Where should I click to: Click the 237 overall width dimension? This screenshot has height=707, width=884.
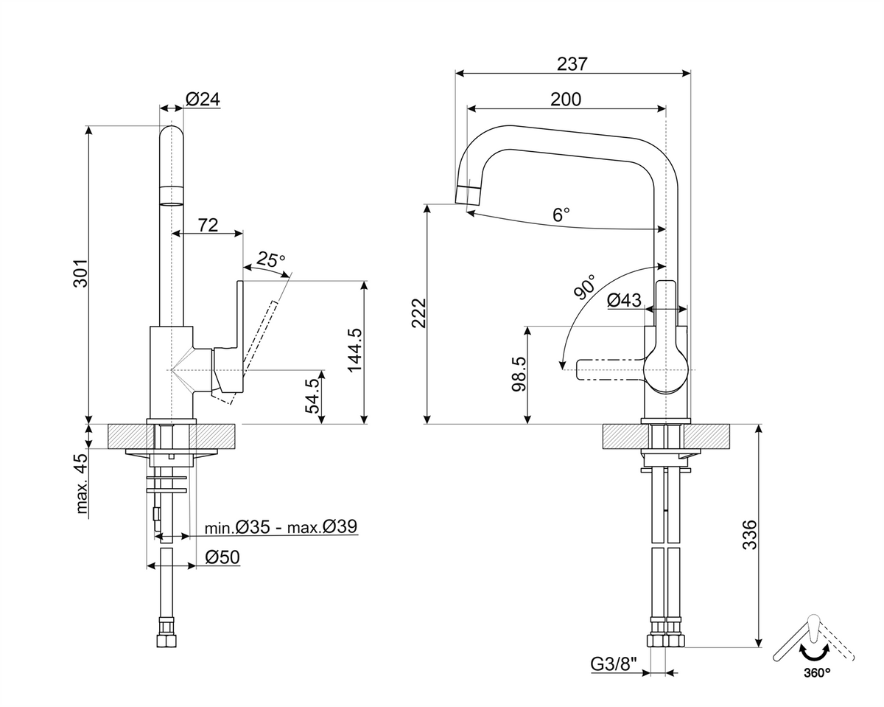coord(572,63)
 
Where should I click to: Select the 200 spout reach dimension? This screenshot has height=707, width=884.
coord(566,100)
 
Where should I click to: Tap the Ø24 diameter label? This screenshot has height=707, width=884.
coord(203,99)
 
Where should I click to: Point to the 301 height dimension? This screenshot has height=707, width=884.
coord(80,273)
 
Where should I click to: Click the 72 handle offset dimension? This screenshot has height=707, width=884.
coord(208,226)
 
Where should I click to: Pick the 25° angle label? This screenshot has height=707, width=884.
coord(270,260)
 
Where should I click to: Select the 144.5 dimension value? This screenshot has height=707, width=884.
coord(355,350)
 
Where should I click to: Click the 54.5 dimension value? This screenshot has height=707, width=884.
coord(312,395)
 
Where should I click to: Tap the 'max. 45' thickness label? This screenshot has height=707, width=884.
coord(82,484)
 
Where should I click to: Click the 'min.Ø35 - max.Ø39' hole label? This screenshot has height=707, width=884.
coord(281,526)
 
